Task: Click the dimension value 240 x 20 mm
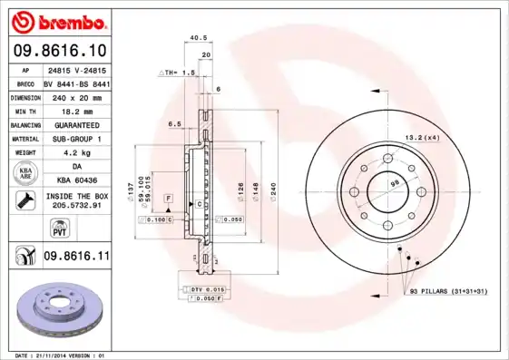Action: click(x=76, y=95)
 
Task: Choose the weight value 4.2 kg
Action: click(x=76, y=153)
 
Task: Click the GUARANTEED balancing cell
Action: click(x=76, y=124)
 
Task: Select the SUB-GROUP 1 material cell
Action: click(x=76, y=139)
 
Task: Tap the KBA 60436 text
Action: click(x=76, y=181)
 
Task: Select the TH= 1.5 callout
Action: click(x=178, y=72)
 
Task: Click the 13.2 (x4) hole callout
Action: click(x=422, y=137)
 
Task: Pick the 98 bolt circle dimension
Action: click(x=394, y=184)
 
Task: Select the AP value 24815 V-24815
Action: click(x=76, y=69)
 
